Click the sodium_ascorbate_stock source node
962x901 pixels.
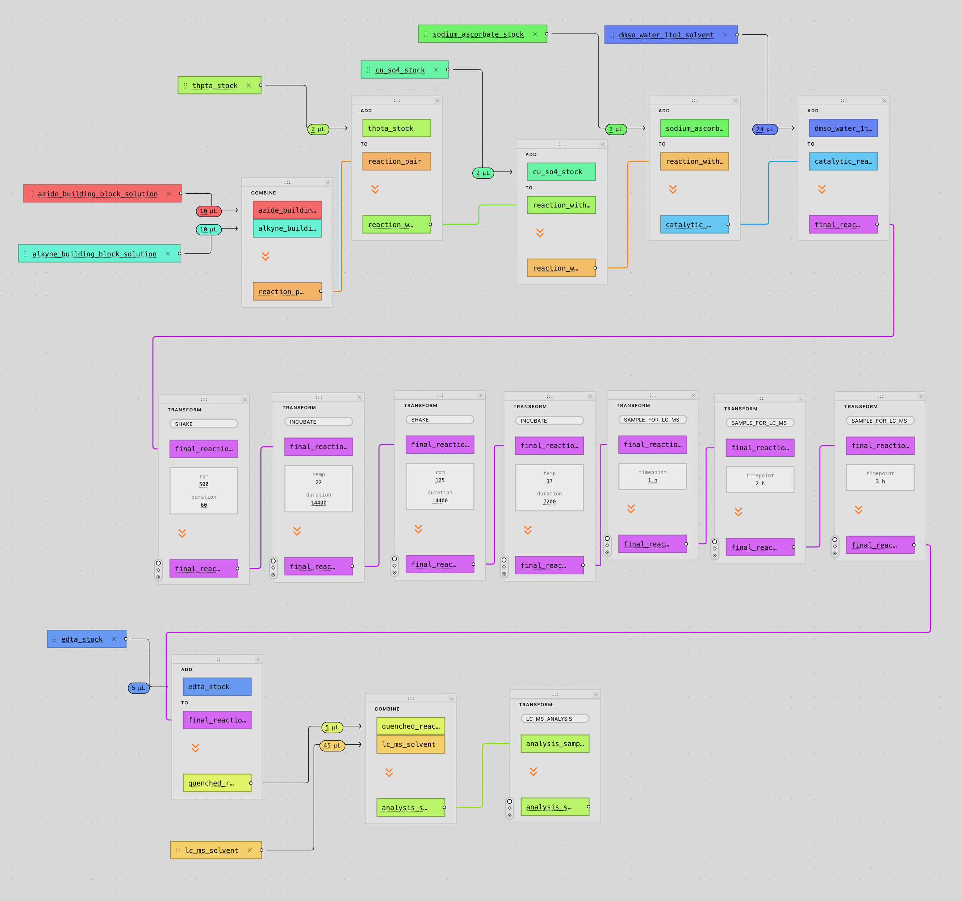point(478,34)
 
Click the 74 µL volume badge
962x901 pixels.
point(765,129)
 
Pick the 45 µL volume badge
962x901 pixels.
point(332,746)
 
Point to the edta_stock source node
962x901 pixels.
point(82,639)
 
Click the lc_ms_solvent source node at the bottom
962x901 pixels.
point(212,851)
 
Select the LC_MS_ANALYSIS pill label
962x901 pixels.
point(549,718)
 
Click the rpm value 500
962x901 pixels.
point(204,485)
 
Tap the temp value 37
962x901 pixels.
point(549,482)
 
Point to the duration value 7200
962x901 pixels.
point(549,502)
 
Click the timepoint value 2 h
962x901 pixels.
point(760,483)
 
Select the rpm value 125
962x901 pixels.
point(440,481)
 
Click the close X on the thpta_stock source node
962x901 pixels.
point(249,86)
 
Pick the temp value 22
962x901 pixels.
point(318,482)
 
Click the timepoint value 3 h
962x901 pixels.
point(880,482)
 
